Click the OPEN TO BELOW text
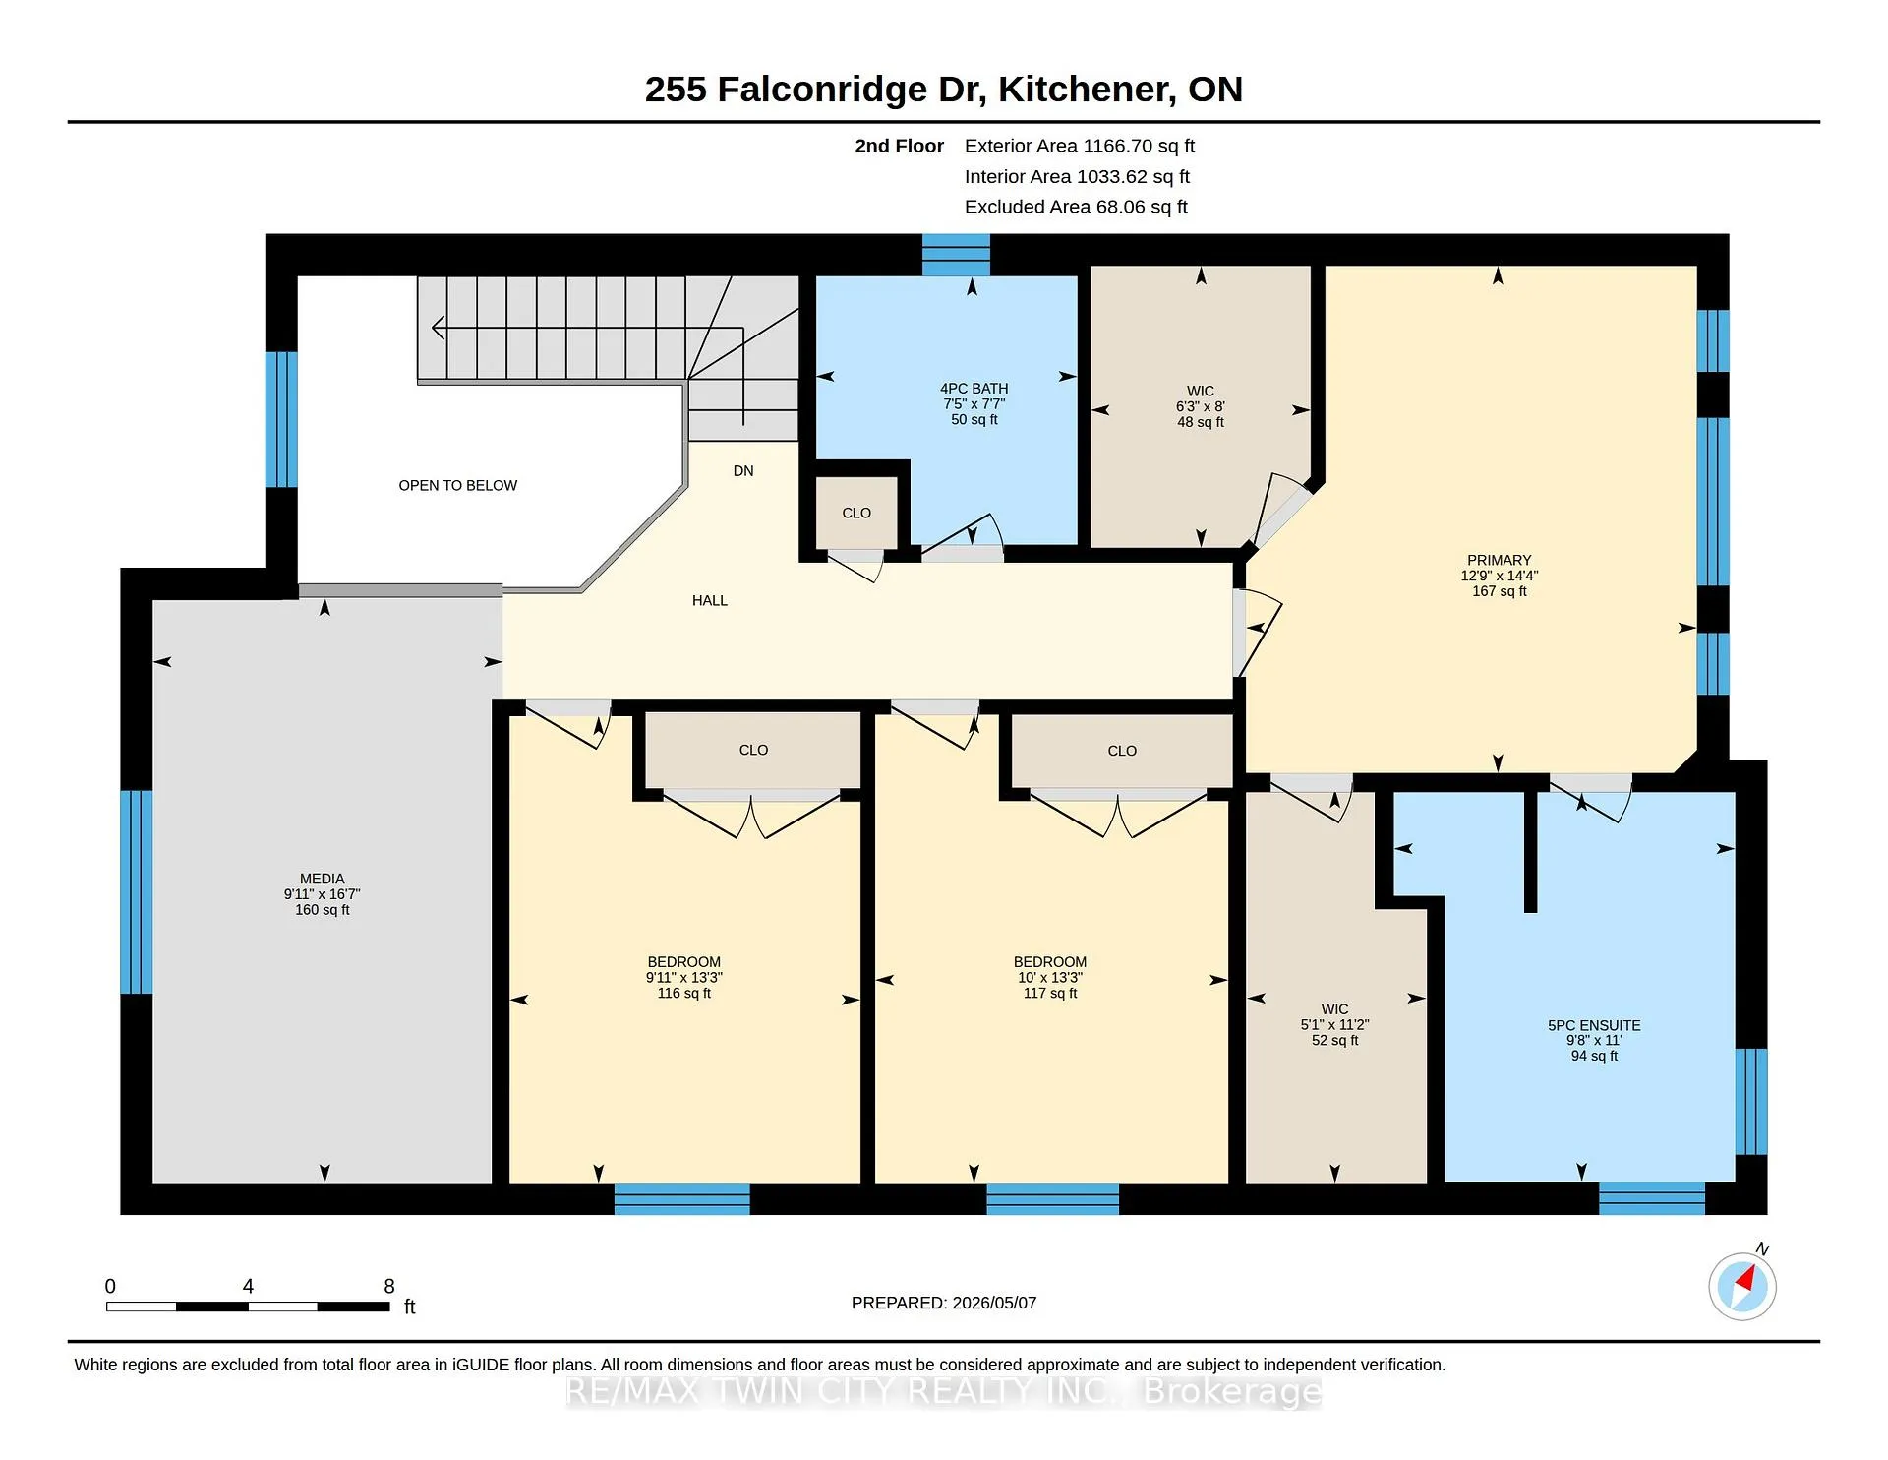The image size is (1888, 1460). point(457,485)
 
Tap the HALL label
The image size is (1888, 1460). point(710,600)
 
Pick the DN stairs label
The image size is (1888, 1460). point(743,471)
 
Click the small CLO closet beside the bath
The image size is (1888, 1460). point(856,513)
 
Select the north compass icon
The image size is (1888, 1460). point(1742,1285)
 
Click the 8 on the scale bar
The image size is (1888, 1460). point(389,1286)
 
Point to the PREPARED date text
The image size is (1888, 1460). point(944,1303)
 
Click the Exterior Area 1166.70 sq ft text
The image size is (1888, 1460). point(1080,146)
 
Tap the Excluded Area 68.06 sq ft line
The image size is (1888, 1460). point(1076,207)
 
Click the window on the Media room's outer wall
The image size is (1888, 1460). point(136,892)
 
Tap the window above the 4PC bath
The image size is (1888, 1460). point(956,255)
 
